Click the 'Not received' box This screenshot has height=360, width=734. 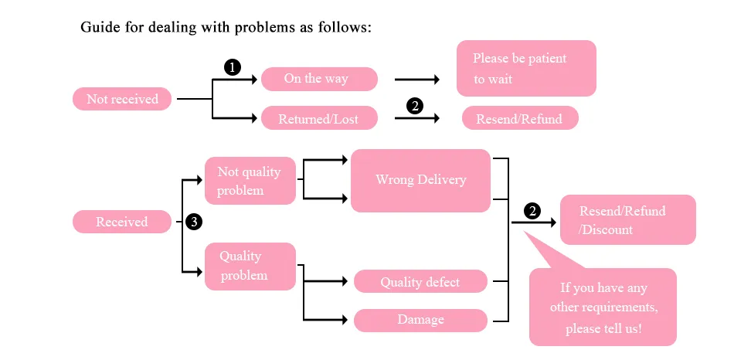pyautogui.click(x=122, y=99)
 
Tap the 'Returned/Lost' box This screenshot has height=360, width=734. pyautogui.click(x=319, y=119)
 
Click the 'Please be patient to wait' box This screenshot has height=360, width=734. pyautogui.click(x=525, y=68)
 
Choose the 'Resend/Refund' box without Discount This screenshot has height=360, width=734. pyautogui.click(x=519, y=119)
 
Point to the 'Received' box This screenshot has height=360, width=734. pyautogui.click(x=121, y=222)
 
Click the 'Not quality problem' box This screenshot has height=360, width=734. pyautogui.click(x=250, y=181)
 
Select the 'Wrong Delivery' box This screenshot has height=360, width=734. pyautogui.click(x=420, y=180)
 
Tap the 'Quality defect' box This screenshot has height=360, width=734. pyautogui.click(x=420, y=282)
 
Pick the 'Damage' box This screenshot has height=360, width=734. pyautogui.click(x=420, y=320)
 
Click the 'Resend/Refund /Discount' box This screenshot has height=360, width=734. pyautogui.click(x=627, y=220)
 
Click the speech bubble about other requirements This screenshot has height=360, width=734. pyautogui.click(x=602, y=307)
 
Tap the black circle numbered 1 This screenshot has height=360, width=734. pyautogui.click(x=231, y=67)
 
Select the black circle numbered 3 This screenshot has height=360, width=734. pyautogui.click(x=194, y=222)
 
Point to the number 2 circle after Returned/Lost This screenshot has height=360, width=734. pyautogui.click(x=415, y=107)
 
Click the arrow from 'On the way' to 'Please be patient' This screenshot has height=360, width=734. pyautogui.click(x=416, y=80)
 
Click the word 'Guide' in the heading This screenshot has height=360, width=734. pyautogui.click(x=99, y=28)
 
